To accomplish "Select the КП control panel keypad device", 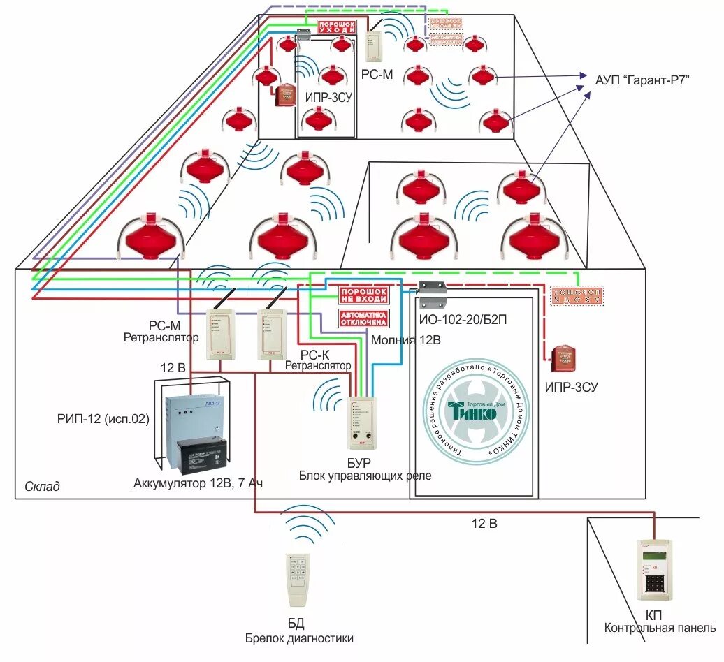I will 656,570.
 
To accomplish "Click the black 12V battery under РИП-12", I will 202,455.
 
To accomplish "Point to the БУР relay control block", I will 362,422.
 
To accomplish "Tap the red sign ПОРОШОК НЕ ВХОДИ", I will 363,294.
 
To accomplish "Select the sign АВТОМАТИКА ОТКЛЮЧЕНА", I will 363,318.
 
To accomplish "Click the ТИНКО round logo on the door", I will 472,412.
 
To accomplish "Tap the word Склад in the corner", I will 42,487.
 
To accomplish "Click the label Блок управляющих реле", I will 365,476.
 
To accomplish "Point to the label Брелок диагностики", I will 299,638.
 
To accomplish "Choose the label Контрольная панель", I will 660,628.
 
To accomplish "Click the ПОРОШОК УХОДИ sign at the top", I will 338,27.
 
